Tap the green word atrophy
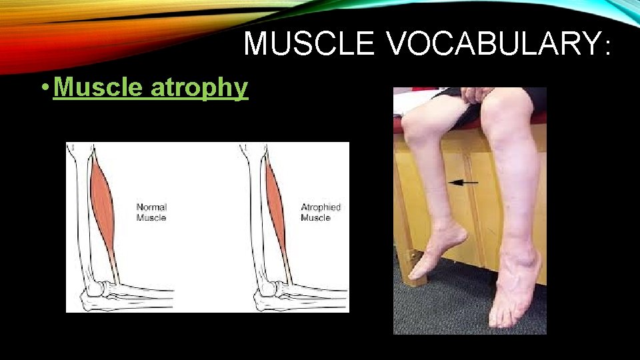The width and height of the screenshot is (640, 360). pos(199,87)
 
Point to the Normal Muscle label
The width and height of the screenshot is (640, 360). pos(151,212)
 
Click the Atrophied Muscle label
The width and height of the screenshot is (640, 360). pos(321,212)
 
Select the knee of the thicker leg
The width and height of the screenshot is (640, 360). pos(503,120)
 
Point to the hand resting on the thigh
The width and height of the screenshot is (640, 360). pos(475,94)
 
